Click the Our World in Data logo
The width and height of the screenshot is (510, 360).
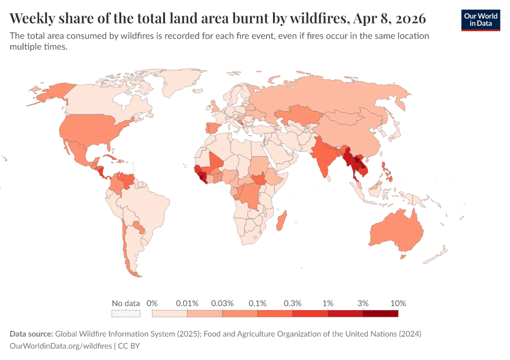[x=480, y=20]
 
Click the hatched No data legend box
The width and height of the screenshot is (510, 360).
[x=126, y=313]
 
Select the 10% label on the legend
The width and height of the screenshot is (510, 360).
[x=398, y=303]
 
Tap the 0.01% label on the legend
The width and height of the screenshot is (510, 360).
[x=187, y=303]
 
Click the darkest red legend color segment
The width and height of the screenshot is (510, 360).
[x=380, y=313]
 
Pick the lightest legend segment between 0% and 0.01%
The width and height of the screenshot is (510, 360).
[x=170, y=313]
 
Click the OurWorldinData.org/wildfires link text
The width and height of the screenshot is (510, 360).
[x=61, y=346]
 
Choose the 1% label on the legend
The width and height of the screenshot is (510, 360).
[x=328, y=303]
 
